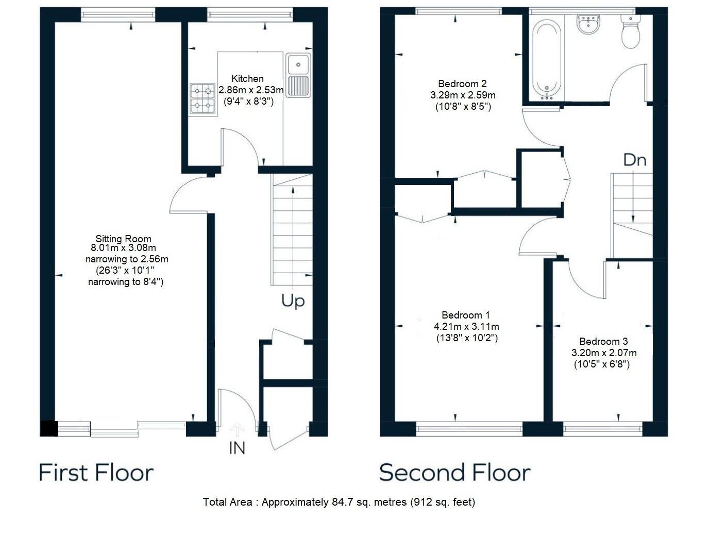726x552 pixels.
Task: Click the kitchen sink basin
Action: [298, 64]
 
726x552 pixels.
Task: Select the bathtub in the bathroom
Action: [546, 60]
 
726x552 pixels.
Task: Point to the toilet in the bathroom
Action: [630, 32]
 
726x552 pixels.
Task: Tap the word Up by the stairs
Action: [293, 301]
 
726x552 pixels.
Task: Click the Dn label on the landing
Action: [635, 160]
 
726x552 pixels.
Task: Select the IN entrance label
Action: [237, 448]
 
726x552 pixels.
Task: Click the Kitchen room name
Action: [247, 79]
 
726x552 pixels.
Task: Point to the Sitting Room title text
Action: [123, 239]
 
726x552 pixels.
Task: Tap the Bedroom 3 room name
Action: [603, 341]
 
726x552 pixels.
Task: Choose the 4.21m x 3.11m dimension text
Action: [466, 326]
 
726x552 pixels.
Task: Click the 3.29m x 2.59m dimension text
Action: [463, 95]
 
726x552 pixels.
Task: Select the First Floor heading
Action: [96, 472]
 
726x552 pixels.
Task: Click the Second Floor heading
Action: [455, 472]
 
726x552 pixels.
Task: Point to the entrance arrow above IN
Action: [237, 430]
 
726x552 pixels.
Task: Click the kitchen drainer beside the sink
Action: [298, 86]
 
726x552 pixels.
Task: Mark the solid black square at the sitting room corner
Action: [49, 428]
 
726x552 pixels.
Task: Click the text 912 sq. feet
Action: [442, 502]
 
